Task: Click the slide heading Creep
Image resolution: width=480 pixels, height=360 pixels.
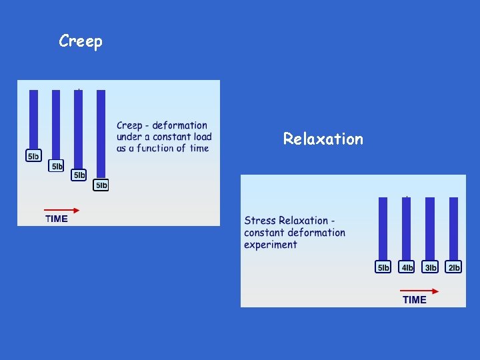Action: click(81, 41)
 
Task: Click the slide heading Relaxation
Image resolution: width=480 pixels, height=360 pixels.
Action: click(323, 139)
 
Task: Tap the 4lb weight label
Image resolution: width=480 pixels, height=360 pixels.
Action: click(407, 267)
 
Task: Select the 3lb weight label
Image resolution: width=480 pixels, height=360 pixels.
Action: click(430, 267)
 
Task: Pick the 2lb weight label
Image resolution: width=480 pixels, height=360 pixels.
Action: click(453, 267)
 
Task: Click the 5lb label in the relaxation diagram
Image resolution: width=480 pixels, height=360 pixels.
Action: click(383, 267)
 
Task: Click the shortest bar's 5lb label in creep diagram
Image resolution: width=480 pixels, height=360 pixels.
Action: click(33, 157)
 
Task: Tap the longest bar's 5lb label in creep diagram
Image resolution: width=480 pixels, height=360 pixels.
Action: click(101, 185)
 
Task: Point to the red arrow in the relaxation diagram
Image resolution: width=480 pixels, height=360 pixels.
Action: click(419, 291)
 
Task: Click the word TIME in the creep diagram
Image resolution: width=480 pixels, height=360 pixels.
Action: click(57, 219)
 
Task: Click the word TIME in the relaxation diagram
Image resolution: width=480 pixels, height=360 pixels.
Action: click(415, 300)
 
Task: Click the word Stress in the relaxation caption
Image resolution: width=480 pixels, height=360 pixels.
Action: click(260, 221)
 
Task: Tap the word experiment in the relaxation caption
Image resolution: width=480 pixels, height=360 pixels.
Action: click(271, 245)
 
